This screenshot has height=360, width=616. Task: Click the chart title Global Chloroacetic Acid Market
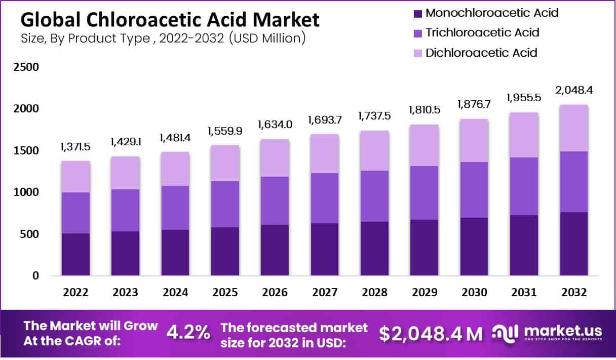(170, 20)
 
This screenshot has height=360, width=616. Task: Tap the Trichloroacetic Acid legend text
(482, 33)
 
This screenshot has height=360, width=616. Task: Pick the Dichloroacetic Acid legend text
(481, 53)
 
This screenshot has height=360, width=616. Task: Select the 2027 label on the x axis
(325, 293)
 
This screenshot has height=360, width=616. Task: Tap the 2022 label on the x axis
(75, 293)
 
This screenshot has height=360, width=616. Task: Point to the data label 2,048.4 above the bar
(574, 91)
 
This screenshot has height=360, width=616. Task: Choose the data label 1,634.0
(275, 125)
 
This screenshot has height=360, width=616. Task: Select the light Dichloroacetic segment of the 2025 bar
(225, 163)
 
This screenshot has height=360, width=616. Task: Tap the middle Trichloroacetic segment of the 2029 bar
(425, 193)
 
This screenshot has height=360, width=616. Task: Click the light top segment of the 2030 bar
(474, 140)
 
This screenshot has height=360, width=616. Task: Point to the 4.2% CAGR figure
(188, 333)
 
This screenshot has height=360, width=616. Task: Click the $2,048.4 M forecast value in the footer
(431, 333)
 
